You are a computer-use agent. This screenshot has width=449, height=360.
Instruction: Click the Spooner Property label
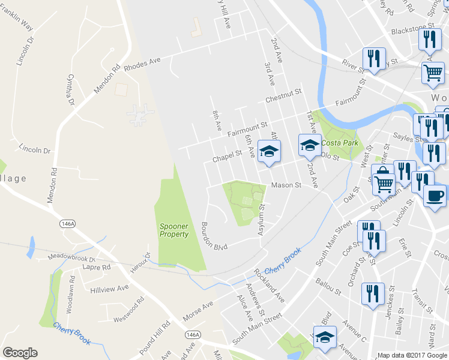coord(174,230)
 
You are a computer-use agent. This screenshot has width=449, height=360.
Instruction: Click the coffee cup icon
coord(435,196)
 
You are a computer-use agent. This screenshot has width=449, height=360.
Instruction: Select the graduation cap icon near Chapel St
coord(270,151)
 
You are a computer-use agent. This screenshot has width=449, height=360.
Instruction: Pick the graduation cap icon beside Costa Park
coord(310,145)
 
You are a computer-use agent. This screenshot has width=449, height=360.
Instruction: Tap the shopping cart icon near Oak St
coord(384,182)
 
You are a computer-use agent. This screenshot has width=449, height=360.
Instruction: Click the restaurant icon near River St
coord(373,59)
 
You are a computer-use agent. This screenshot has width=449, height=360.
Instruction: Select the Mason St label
coord(286,185)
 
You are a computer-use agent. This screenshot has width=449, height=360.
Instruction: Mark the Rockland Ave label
coord(269,284)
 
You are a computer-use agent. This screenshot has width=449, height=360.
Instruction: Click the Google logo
coord(20,353)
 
